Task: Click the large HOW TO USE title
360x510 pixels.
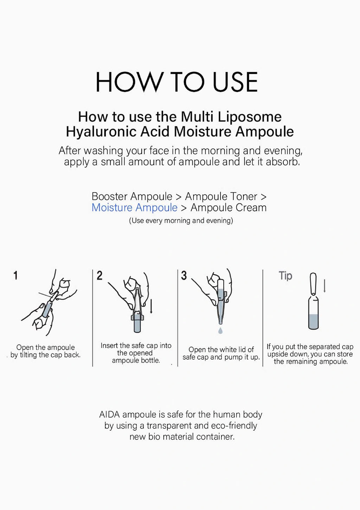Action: point(177,82)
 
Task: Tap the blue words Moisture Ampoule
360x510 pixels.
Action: point(134,208)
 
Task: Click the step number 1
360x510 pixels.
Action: point(15,276)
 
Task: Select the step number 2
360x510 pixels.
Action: point(99,276)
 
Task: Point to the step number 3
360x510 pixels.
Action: point(184,276)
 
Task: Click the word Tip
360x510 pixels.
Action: point(285,276)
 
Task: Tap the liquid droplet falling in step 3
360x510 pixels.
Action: point(220,331)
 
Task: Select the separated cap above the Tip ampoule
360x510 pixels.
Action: point(313,283)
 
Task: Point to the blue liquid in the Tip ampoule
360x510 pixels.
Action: point(313,321)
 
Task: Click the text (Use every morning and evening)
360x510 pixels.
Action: point(181,221)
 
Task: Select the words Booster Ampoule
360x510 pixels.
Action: point(132,196)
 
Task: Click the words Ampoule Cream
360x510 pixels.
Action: point(229,208)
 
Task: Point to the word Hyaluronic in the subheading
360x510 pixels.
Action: point(101,132)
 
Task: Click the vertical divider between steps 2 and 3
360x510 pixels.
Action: point(178,318)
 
